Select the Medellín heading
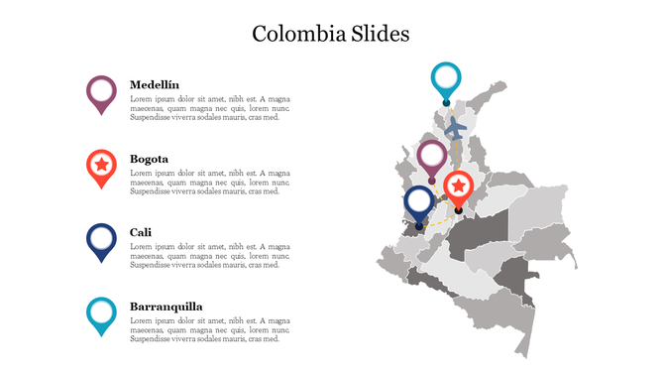point(155,85)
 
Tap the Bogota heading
point(149,159)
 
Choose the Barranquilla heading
point(166,307)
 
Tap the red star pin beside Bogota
point(101,166)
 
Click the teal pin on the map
point(447,79)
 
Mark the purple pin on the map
point(432,157)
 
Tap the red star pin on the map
point(458,186)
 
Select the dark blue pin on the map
point(419,202)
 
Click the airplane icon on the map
point(455,127)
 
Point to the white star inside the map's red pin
point(458,185)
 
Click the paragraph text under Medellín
point(210,108)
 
